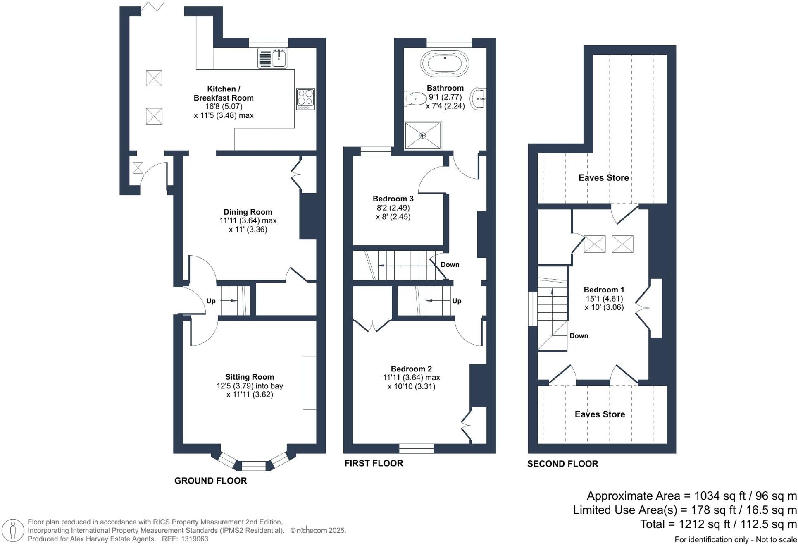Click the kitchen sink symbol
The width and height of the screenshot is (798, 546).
click(272, 58)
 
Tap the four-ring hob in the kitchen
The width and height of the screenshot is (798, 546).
click(305, 99)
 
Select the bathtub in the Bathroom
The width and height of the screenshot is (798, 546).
click(445, 64)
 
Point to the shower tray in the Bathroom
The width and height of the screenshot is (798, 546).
click(423, 135)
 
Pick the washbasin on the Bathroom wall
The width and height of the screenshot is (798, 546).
click(479, 99)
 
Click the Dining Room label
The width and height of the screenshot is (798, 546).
click(248, 212)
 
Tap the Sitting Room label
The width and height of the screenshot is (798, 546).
click(249, 377)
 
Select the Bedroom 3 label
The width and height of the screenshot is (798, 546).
click(393, 199)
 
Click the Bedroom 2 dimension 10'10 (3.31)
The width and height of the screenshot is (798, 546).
click(411, 387)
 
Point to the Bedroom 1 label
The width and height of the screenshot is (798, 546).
click(603, 290)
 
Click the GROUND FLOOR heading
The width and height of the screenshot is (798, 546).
click(210, 481)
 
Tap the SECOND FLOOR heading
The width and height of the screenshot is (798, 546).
click(562, 464)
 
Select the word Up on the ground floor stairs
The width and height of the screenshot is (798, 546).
click(211, 301)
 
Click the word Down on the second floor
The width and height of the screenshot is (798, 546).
click(579, 336)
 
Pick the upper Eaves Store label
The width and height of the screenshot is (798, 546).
click(603, 178)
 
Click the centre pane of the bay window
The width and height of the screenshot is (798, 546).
click(253, 466)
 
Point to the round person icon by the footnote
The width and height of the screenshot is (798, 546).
click(13, 530)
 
